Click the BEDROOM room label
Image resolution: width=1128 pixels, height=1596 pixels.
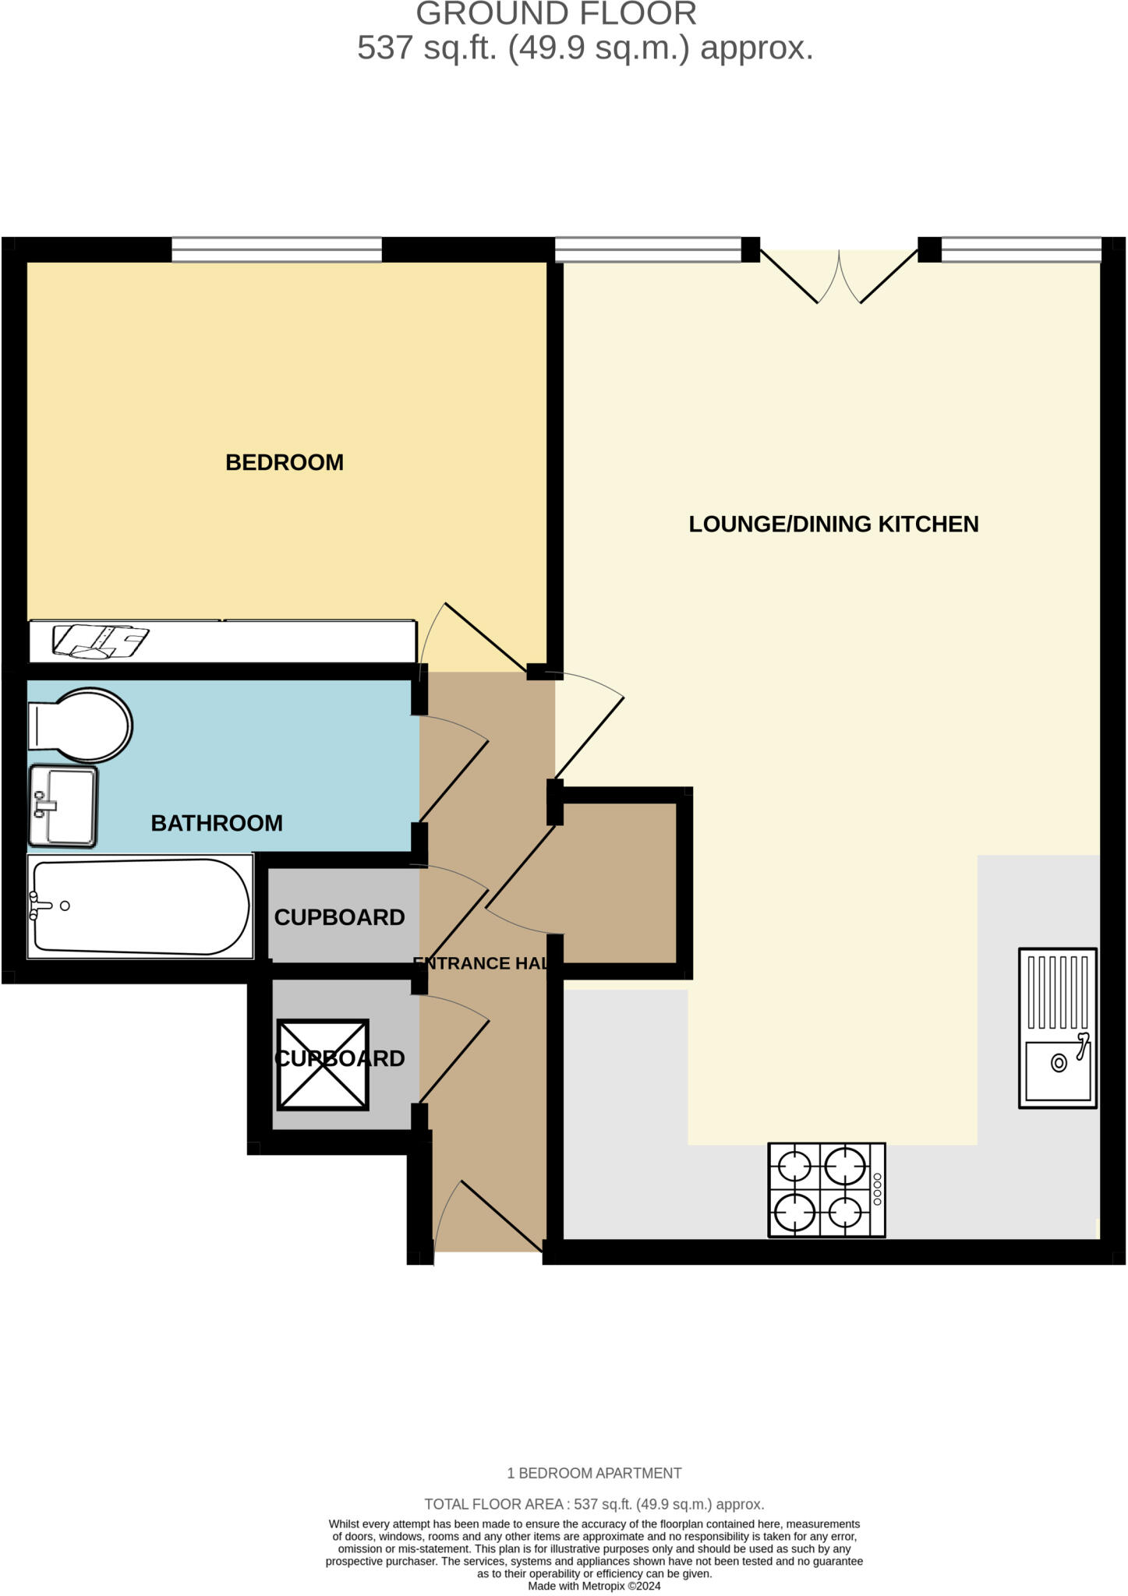tap(285, 462)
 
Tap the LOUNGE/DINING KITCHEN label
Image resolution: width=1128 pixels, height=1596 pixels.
tap(833, 524)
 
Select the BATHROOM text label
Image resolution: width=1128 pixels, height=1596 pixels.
tap(216, 823)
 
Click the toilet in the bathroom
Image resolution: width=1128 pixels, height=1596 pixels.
tap(80, 725)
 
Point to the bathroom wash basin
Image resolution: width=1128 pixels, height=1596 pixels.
tap(63, 806)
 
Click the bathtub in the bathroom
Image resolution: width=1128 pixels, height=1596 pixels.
tap(140, 906)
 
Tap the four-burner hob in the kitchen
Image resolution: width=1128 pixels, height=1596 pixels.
tap(826, 1189)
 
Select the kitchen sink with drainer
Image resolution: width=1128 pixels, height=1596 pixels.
tap(1057, 1028)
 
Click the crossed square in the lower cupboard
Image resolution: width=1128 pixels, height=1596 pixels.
tap(323, 1065)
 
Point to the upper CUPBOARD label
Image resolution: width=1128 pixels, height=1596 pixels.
tap(339, 917)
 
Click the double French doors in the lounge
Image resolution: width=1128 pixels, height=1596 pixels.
tap(839, 276)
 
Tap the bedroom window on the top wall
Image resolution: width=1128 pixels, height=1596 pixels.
tap(277, 250)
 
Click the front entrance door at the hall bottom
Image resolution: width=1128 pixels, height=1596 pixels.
tap(487, 1216)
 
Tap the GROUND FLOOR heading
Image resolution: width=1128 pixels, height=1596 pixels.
tap(556, 14)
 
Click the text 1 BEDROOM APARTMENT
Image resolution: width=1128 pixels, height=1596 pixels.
tap(594, 1473)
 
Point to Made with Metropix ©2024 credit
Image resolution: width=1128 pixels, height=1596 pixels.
tap(594, 1586)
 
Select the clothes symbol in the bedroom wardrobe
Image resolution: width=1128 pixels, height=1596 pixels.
tap(100, 641)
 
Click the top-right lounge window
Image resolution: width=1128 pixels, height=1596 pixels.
tap(1020, 250)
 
